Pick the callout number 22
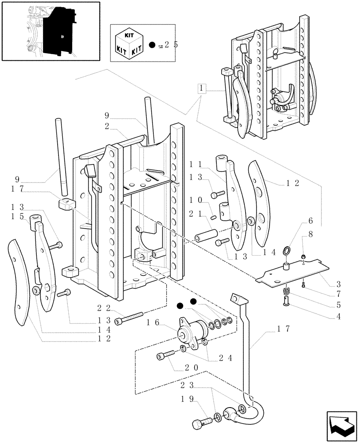click(103, 307)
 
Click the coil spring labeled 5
click(286, 292)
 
